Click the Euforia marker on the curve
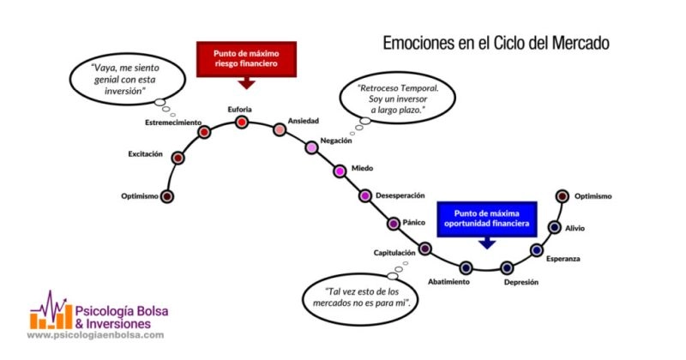point(242,122)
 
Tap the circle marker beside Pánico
point(394,224)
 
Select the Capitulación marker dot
point(424,249)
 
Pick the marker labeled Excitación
point(178,158)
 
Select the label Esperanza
point(563,258)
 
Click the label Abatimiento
point(448,282)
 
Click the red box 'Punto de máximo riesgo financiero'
point(246,57)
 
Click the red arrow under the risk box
point(247,83)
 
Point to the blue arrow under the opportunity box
point(487,243)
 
